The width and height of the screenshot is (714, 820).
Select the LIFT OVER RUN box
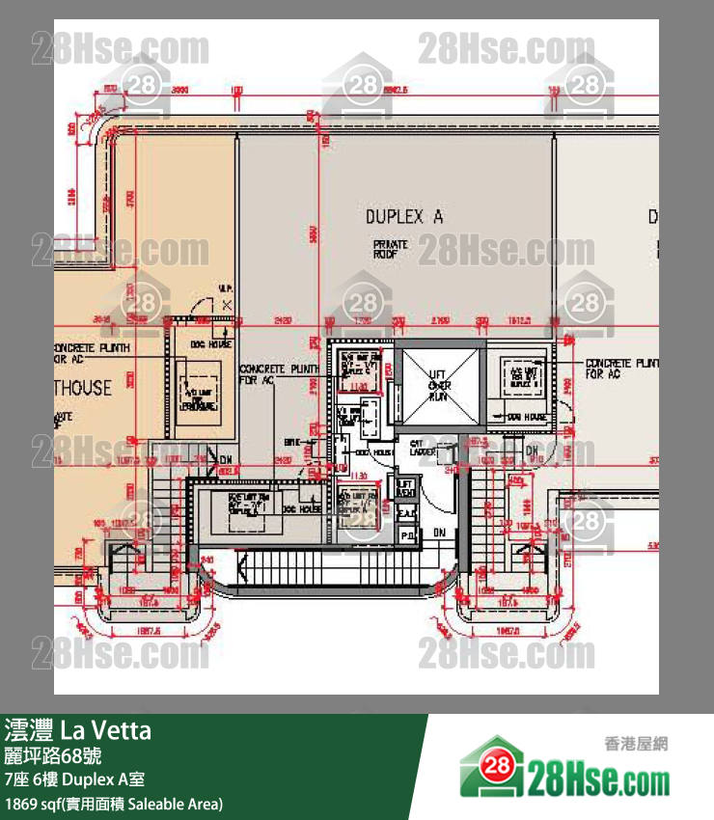tap(439, 386)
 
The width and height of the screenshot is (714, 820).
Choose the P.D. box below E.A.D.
tap(406, 533)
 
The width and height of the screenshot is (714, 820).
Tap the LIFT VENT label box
tap(406, 487)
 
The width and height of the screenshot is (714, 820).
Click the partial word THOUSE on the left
tap(83, 389)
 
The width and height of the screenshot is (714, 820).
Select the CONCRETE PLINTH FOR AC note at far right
tap(621, 368)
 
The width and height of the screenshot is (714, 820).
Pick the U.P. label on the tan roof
tap(224, 288)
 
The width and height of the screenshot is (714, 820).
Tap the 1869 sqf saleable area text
tap(114, 804)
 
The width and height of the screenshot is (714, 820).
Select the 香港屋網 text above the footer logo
tap(636, 744)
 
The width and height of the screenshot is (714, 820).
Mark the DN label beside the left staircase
tap(226, 459)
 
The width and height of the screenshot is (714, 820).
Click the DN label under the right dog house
tap(531, 451)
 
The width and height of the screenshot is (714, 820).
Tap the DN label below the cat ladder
tap(439, 532)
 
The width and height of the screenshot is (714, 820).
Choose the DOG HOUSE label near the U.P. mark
tap(211, 344)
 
